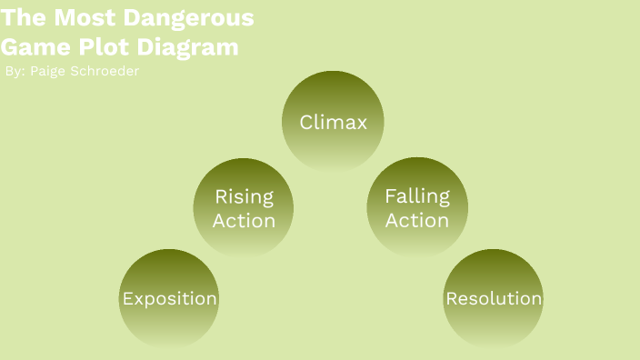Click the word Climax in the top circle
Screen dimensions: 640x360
(x=334, y=122)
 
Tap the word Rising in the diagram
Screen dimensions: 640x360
(x=244, y=196)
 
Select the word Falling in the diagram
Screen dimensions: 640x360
(x=417, y=196)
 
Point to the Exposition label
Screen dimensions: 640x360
(x=169, y=299)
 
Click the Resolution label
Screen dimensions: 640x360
(x=494, y=299)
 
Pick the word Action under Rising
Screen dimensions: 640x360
(x=244, y=221)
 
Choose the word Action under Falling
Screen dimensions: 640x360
(x=417, y=221)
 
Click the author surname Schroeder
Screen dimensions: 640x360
(x=105, y=71)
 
